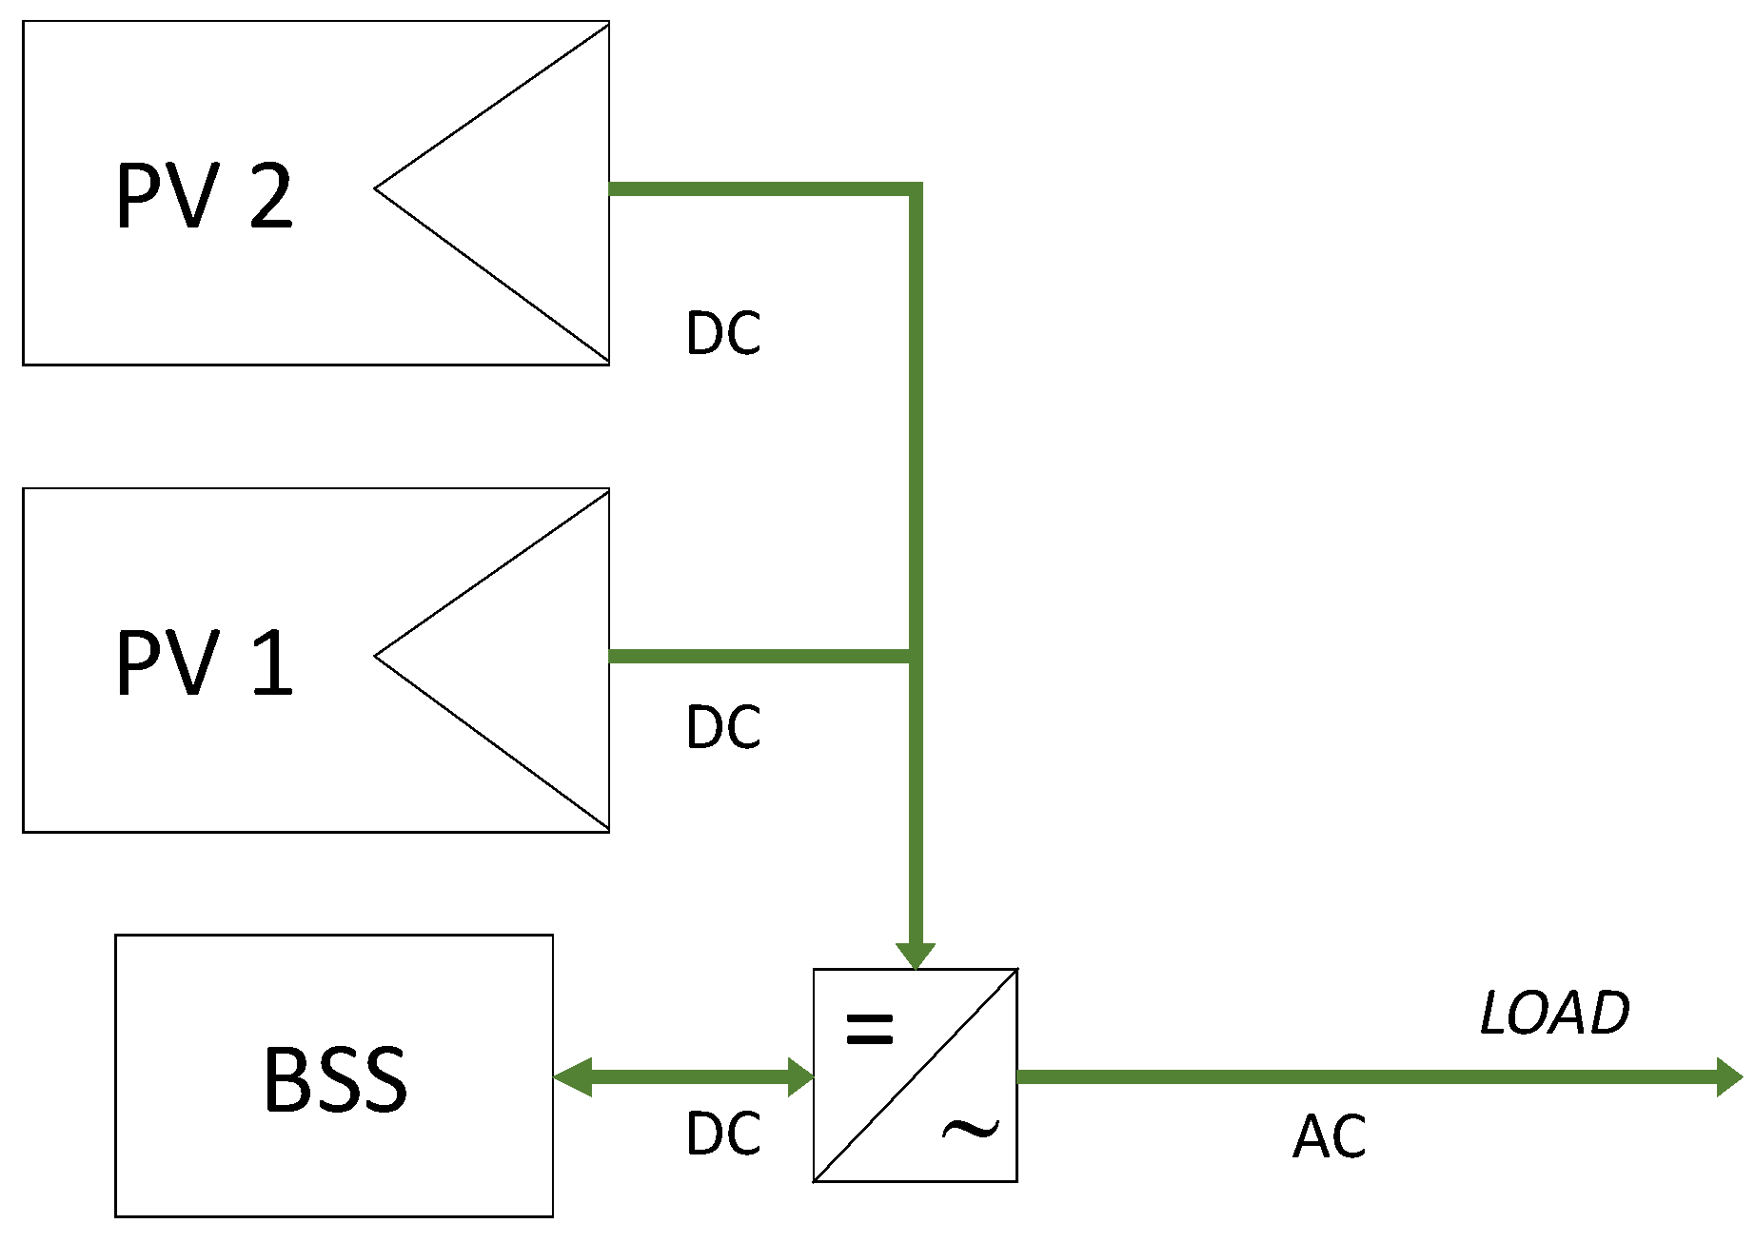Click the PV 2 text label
coord(204,196)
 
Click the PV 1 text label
coord(204,663)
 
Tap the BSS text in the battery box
coord(335,1079)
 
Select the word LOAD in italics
coord(1554,1013)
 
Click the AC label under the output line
coord(1329,1136)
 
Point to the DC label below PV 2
coord(723,333)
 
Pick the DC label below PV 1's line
coord(723,727)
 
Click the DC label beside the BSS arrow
coord(723,1134)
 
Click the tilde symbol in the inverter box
coord(970,1130)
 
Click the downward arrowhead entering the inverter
coord(916,956)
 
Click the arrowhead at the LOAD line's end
coord(1729,1077)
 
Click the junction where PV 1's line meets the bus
coord(915,656)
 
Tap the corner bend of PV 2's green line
coord(915,189)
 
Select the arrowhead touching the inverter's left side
coord(800,1077)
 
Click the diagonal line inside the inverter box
coord(916,1075)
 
